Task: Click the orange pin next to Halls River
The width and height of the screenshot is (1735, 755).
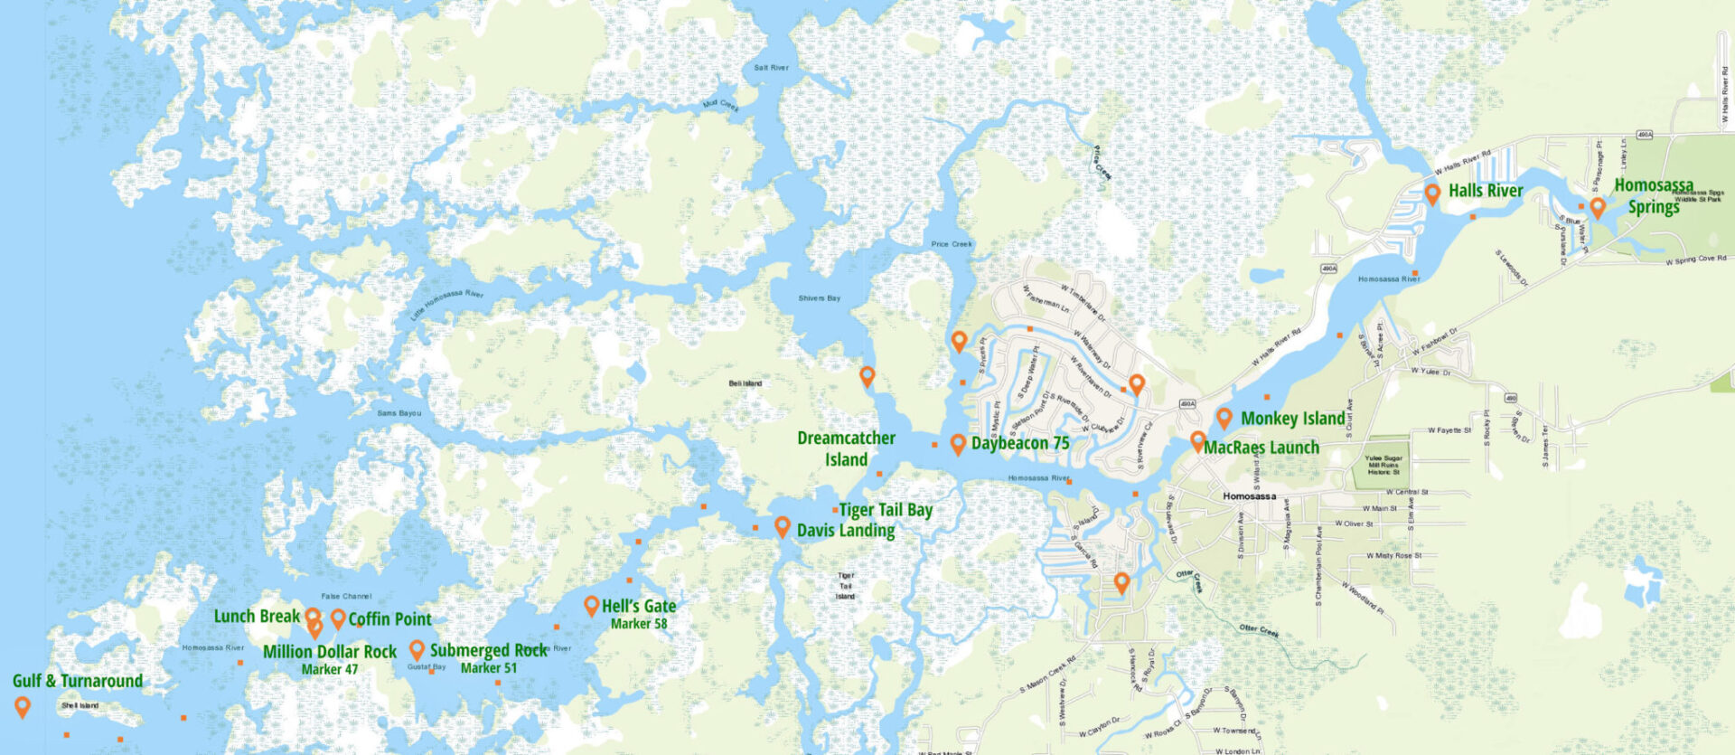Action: coord(1432,193)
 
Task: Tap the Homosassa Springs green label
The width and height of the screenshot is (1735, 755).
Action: coord(1654,196)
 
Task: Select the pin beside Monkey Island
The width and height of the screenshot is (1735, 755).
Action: coord(1224,418)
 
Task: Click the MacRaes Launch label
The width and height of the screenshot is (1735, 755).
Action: coord(1261,448)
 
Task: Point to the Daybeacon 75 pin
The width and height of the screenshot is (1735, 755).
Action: coord(958,443)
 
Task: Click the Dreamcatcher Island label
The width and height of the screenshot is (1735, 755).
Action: coord(846,448)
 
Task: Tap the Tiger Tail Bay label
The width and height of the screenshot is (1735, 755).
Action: coord(886,510)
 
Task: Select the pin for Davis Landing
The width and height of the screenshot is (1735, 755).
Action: coord(783,526)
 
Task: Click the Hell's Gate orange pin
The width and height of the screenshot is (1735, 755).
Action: coord(591,606)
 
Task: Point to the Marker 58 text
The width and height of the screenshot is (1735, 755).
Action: coord(639,624)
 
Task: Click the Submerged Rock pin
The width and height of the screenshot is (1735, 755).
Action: coord(417,649)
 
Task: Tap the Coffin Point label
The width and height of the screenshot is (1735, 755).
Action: coord(389,619)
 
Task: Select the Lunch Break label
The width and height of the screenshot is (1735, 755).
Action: coord(257,617)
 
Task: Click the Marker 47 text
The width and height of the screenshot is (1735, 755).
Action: coord(330,669)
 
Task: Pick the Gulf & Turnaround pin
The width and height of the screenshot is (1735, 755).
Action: coord(23,706)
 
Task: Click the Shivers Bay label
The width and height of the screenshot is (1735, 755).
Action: coord(820,298)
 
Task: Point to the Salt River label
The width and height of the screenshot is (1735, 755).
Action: coord(771,68)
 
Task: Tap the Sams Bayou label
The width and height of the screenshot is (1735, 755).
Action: coord(399,413)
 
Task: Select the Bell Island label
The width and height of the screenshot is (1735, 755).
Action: coord(746,383)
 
